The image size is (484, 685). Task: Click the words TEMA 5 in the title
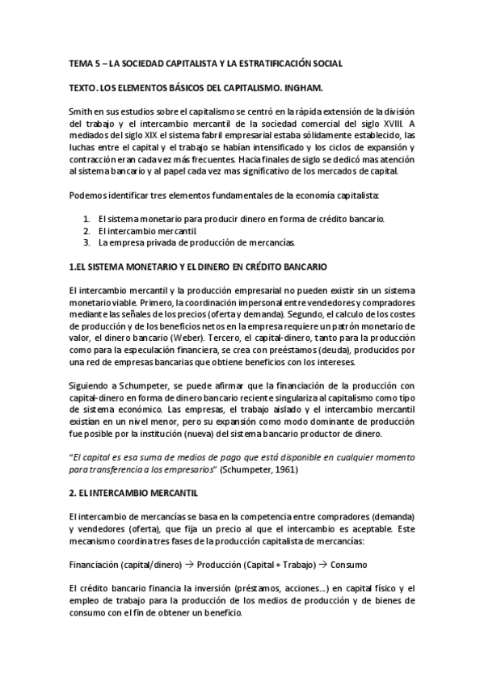coord(83,62)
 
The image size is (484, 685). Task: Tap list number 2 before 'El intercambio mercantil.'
coord(86,231)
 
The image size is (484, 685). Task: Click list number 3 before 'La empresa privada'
coord(86,242)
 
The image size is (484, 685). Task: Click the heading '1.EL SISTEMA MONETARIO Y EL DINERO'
coord(198,266)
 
